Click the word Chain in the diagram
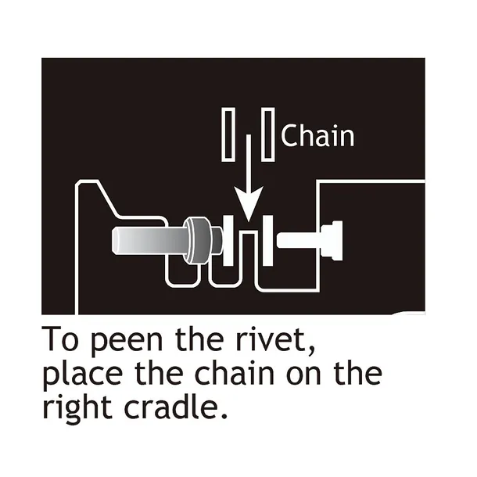coord(317,135)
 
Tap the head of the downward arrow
coord(249,204)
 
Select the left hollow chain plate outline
coord(228,134)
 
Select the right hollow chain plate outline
coord(267,134)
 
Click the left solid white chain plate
coord(228,240)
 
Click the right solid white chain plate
coord(267,240)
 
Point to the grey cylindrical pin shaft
coord(149,240)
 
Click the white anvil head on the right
coord(332,240)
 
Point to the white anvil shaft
coord(299,240)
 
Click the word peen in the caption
coord(127,341)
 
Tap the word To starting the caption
coord(60,339)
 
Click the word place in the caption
coord(83,375)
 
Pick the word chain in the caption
coord(234,372)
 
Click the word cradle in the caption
coord(168,407)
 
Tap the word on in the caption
coord(303,375)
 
